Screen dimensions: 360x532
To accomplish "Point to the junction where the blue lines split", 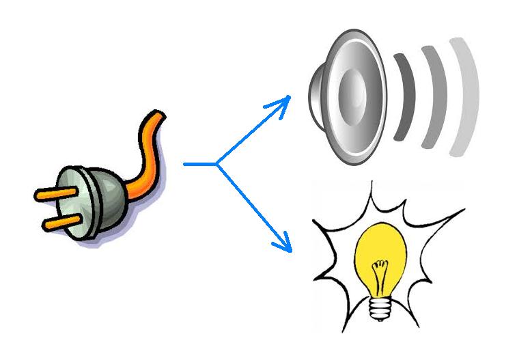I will coord(216,164).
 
